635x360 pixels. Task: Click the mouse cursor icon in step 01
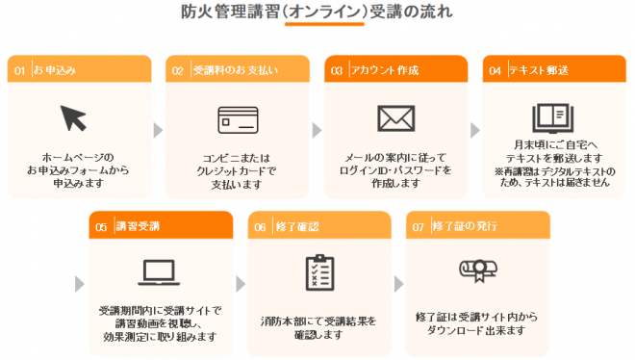pos(74,118)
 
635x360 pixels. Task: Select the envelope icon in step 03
pos(394,117)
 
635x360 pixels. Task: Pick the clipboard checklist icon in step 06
pos(317,273)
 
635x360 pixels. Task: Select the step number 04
pos(495,70)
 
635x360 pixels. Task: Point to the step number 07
pos(418,227)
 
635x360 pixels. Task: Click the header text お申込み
pos(54,70)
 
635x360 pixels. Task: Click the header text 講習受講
pos(138,227)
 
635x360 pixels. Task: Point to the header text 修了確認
pos(293,227)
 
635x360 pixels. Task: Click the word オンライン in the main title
pos(328,13)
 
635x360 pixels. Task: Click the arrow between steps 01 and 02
pos(158,128)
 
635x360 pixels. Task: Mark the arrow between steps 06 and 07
pos(397,284)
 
